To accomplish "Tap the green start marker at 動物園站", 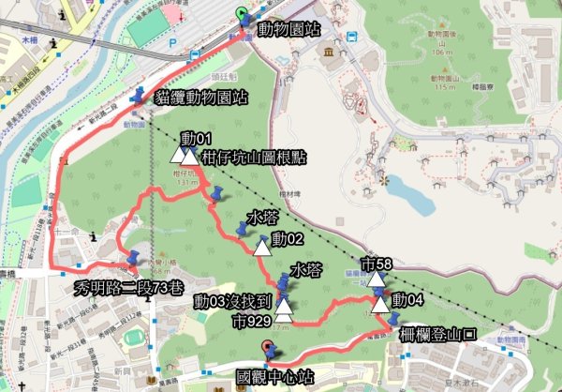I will click(243, 16).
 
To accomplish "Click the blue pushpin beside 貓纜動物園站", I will click(140, 96).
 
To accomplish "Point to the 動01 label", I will click(200, 139).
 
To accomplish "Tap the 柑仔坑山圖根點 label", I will click(254, 156).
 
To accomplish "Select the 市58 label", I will click(377, 264).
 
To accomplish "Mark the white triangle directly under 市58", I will click(377, 279).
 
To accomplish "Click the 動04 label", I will click(408, 300).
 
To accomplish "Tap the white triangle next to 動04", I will click(380, 302).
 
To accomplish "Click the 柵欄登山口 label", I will click(439, 332).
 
